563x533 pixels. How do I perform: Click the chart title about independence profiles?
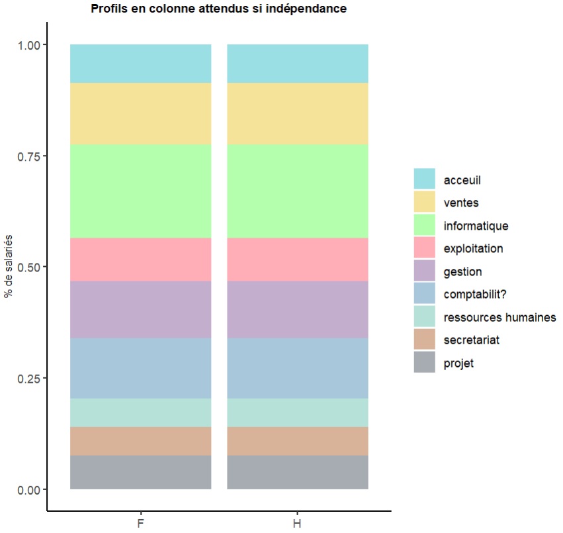(x=219, y=9)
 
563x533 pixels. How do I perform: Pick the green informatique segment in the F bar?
(x=140, y=191)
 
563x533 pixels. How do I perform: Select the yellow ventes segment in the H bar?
(x=298, y=113)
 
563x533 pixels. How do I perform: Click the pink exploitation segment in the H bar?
(x=298, y=259)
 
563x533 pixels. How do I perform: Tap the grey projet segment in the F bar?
(x=140, y=472)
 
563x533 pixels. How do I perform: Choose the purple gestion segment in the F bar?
(x=140, y=309)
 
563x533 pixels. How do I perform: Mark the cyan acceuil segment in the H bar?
(x=298, y=64)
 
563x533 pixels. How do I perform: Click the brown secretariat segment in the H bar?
(x=298, y=441)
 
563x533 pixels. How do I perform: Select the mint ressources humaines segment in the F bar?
(x=140, y=412)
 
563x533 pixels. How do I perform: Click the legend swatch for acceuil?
(x=425, y=179)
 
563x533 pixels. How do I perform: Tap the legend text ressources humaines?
(x=499, y=317)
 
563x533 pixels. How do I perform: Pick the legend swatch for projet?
(x=425, y=363)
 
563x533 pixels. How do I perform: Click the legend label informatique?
(x=476, y=226)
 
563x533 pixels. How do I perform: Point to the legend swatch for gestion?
(x=425, y=271)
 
